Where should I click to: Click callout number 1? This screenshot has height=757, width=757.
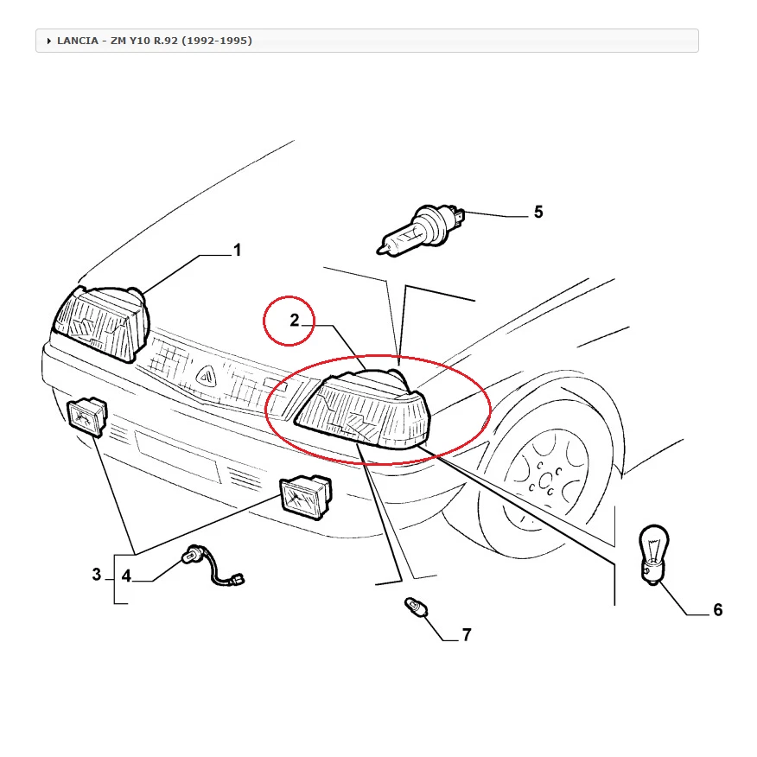[237, 251]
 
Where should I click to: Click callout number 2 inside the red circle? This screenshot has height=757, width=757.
[294, 321]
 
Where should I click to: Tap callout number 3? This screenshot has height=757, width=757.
[97, 575]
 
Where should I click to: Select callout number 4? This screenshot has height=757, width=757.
[126, 576]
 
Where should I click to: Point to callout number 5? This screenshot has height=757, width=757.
[538, 212]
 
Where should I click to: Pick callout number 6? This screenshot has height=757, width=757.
[717, 610]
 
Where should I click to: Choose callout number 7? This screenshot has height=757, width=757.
[467, 636]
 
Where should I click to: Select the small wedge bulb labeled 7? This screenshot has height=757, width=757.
[416, 611]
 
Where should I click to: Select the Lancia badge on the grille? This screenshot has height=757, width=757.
[206, 374]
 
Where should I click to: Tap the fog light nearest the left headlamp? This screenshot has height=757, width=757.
[88, 417]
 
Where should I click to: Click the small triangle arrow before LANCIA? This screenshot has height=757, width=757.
[49, 41]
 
